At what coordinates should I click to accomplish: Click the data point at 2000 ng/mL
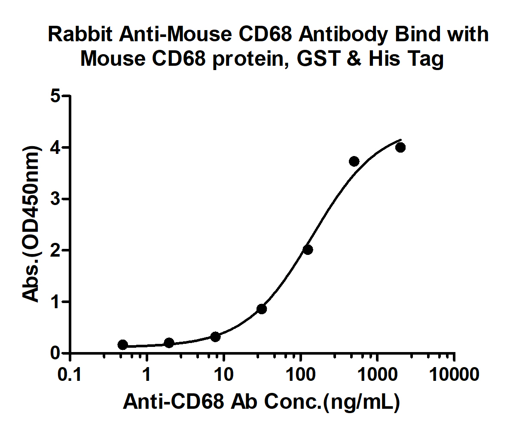coord(400,147)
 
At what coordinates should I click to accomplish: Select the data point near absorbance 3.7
coord(354,161)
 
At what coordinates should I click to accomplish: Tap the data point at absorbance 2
coord(308,250)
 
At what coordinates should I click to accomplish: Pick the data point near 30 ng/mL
coord(262,309)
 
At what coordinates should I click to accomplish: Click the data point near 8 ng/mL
coord(215,337)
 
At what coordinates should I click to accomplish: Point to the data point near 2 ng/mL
coord(169,343)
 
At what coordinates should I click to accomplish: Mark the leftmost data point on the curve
coord(123,345)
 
